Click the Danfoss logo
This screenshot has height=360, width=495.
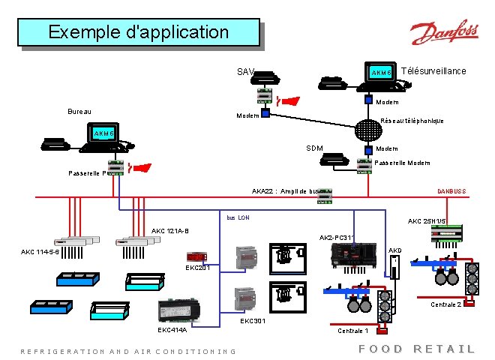pyautogui.click(x=444, y=34)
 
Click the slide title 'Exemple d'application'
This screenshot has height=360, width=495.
pyautogui.click(x=138, y=33)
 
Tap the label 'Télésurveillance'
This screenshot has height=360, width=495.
pyautogui.click(x=434, y=71)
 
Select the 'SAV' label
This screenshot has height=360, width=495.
pyautogui.click(x=245, y=73)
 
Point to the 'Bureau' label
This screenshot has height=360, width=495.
pyautogui.click(x=79, y=112)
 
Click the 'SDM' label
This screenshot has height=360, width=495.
pyautogui.click(x=314, y=148)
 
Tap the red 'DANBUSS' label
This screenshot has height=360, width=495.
pyautogui.click(x=451, y=191)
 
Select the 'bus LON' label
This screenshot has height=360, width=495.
pyautogui.click(x=238, y=217)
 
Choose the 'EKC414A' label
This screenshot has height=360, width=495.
pyautogui.click(x=172, y=329)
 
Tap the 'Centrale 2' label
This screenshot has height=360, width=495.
pyautogui.click(x=445, y=304)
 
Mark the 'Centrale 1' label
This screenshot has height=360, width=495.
pyautogui.click(x=353, y=330)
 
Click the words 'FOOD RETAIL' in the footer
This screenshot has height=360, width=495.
pyautogui.click(x=416, y=349)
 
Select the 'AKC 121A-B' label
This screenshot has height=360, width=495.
pyautogui.click(x=170, y=230)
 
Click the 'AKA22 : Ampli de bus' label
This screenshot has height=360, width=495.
pyautogui.click(x=286, y=191)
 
